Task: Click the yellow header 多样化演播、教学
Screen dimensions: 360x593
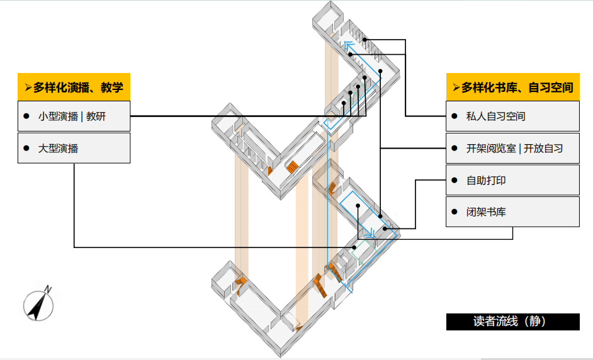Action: click(x=74, y=87)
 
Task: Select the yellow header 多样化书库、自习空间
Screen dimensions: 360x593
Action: click(x=512, y=87)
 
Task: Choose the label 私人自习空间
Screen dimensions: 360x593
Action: click(x=495, y=116)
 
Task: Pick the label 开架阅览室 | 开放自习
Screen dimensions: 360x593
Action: click(x=514, y=149)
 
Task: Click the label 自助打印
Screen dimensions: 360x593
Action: click(x=486, y=181)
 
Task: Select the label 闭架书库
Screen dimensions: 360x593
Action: click(x=486, y=212)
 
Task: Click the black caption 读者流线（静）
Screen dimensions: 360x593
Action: click(x=512, y=321)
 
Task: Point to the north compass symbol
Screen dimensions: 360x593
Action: click(x=38, y=305)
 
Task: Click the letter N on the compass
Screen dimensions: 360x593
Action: click(x=48, y=289)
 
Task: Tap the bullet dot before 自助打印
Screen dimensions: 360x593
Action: click(x=453, y=180)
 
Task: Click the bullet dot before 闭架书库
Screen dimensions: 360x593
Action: click(x=453, y=212)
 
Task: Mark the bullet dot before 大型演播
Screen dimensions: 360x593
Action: click(x=26, y=148)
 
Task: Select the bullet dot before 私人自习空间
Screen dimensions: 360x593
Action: click(x=453, y=116)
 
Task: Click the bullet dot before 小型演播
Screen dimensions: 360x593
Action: click(x=26, y=116)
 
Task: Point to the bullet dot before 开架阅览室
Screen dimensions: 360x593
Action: click(x=453, y=149)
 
